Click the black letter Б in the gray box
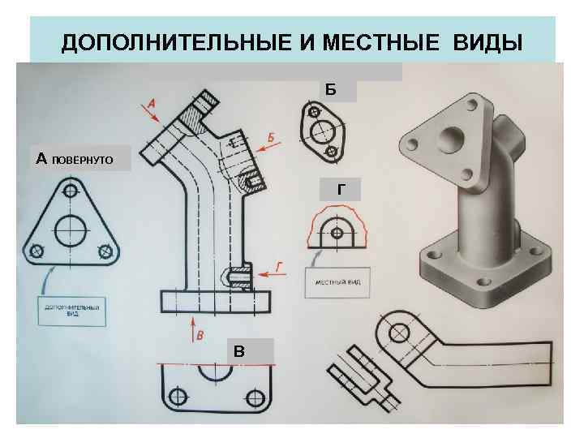(x=330, y=88)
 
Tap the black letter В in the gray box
(x=239, y=350)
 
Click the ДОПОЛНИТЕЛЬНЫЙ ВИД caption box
(x=71, y=311)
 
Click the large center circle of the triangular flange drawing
(x=71, y=230)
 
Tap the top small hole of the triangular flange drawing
(x=71, y=191)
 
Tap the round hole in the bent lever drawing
(x=399, y=333)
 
